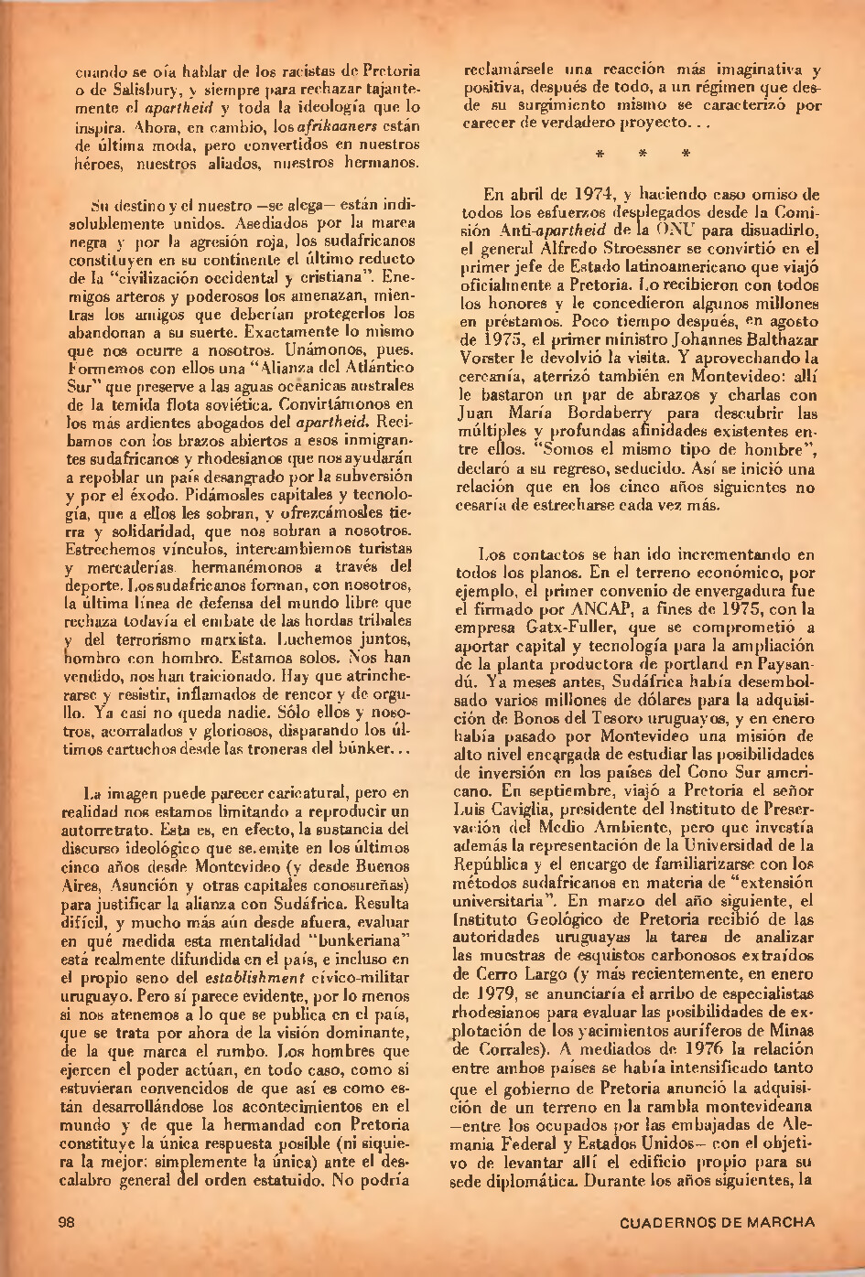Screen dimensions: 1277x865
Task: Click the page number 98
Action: pos(66,1222)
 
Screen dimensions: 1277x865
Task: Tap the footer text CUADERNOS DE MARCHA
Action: pos(717,1222)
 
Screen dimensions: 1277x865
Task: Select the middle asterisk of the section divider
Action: pos(643,153)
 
